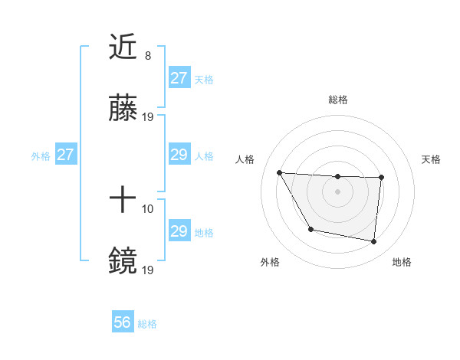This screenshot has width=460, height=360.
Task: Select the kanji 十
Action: pos(123,201)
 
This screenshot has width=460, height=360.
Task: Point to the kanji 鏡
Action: pos(123,260)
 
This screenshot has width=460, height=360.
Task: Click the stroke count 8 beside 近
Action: pos(147,56)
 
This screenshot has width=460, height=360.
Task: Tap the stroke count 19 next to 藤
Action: pos(148,116)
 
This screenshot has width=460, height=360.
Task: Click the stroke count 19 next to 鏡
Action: pos(148,270)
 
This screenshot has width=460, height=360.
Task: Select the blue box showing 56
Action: pos(123,323)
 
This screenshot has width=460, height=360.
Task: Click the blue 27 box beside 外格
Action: pos(65,155)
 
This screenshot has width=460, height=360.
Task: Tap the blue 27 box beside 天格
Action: pos(179,78)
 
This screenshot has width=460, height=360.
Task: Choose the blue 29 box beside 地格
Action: pos(179,231)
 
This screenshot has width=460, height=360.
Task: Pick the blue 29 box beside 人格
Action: pos(179,155)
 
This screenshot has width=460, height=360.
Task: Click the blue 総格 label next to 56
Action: pos(148,324)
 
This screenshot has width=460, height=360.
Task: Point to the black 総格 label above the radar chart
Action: pos(338,100)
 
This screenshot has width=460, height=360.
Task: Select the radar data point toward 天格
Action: pos(381,178)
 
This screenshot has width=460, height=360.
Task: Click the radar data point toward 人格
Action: pos(279,172)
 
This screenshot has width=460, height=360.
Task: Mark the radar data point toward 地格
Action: pos(373,241)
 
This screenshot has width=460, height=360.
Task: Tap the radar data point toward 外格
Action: pos(310,229)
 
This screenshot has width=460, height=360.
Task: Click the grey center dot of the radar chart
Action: pos(337,191)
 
